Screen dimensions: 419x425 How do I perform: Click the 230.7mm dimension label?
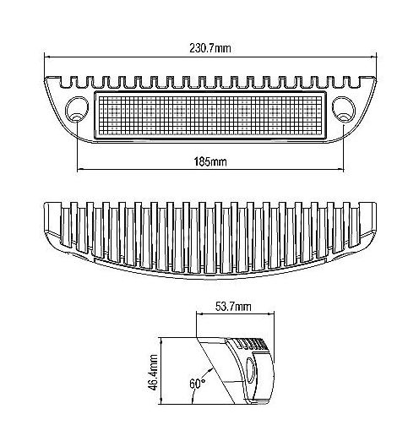click(210, 48)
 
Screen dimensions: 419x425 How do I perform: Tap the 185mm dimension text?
click(210, 162)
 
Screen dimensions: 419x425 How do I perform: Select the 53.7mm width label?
click(233, 307)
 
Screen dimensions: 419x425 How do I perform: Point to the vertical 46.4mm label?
click(153, 373)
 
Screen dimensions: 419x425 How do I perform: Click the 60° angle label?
click(197, 384)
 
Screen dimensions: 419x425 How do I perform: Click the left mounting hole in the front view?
click(77, 110)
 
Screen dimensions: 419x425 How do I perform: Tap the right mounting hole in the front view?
click(344, 110)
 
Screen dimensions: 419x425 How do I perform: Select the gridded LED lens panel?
click(209, 115)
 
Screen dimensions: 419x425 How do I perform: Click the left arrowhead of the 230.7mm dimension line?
click(47, 57)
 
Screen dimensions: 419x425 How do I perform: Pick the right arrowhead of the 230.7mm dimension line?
click(374, 57)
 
